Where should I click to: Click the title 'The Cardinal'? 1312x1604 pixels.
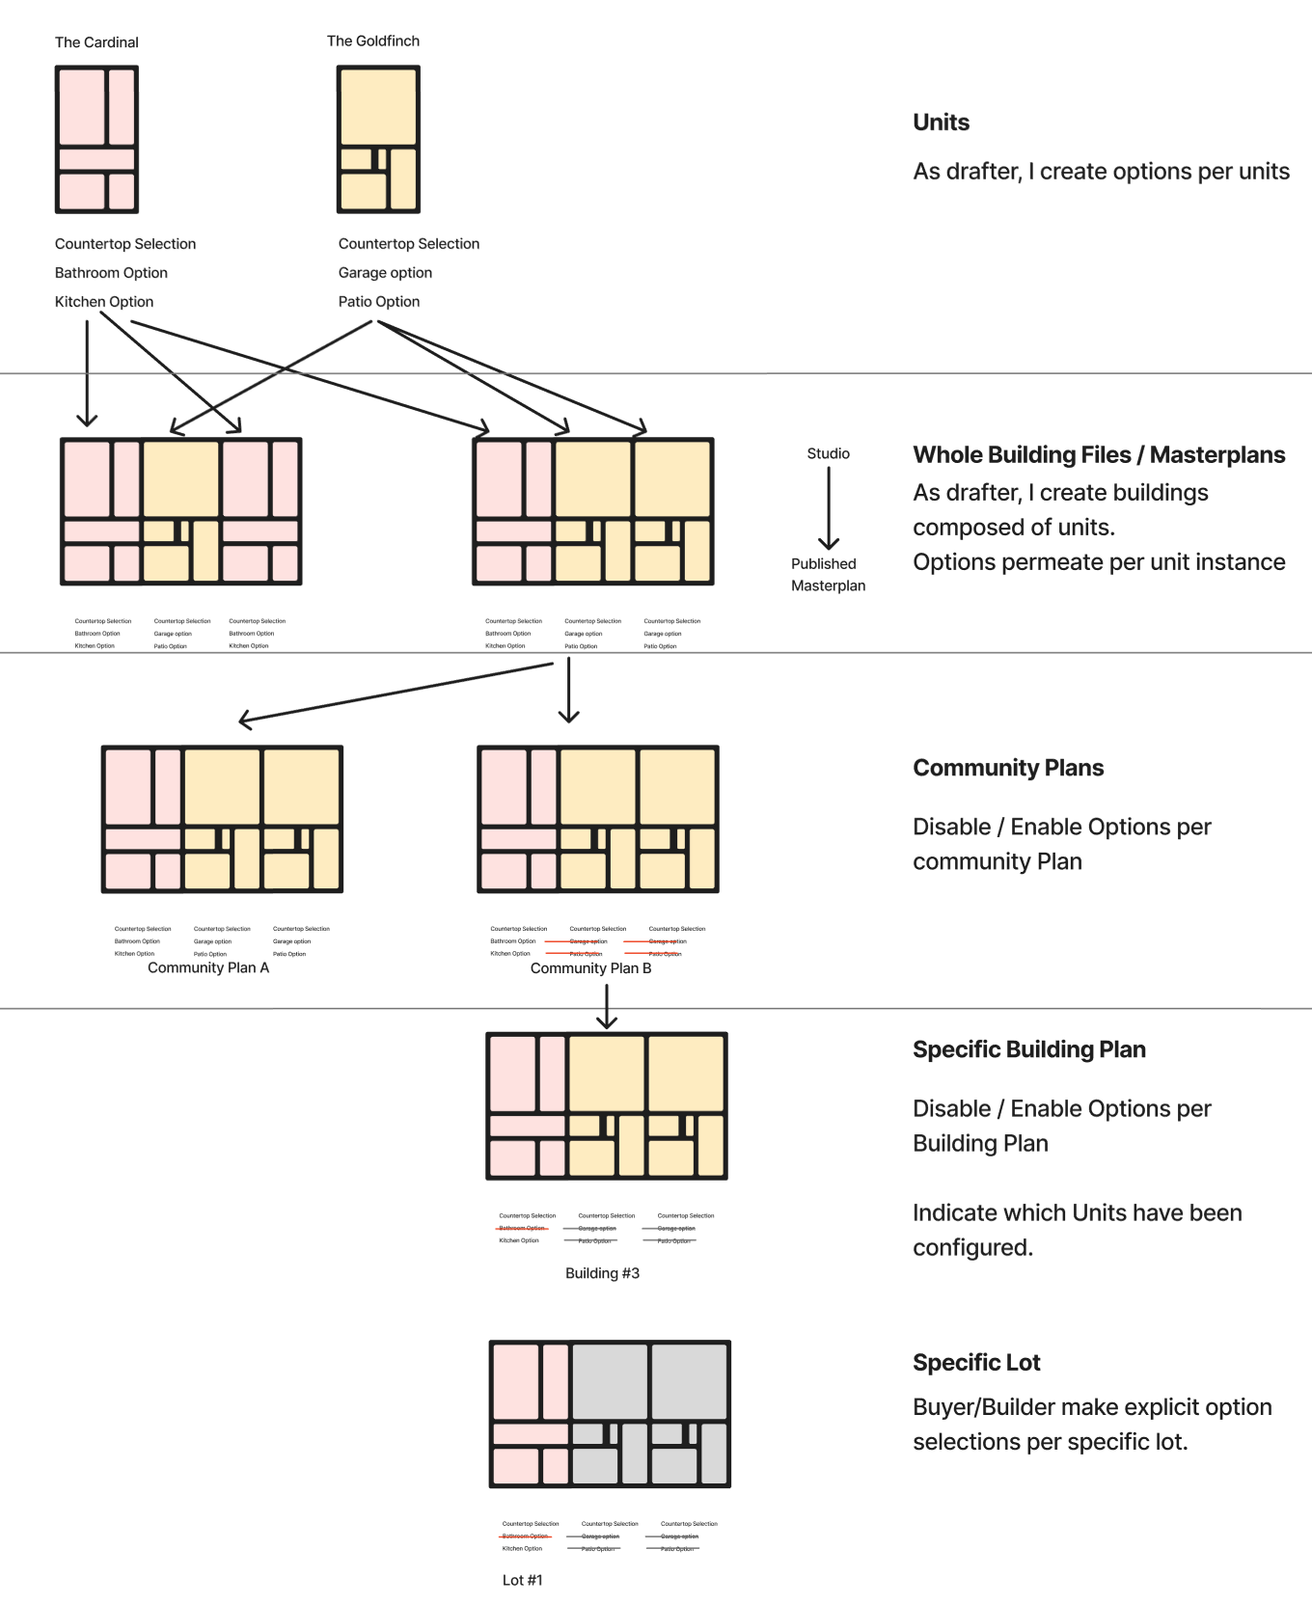click(x=96, y=42)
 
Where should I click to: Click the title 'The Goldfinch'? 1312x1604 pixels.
click(x=373, y=41)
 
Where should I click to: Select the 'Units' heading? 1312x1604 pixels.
click(x=941, y=122)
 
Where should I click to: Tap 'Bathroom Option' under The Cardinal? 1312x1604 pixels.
click(x=111, y=273)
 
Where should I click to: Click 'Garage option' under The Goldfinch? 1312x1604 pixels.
click(x=385, y=273)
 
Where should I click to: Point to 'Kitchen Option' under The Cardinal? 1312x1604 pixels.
click(x=104, y=302)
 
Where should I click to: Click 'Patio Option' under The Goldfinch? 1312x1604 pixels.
click(x=379, y=302)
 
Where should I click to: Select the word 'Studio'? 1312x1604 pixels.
click(x=828, y=453)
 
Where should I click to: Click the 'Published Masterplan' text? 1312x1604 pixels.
click(x=828, y=575)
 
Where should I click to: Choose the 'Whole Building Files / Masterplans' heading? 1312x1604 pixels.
click(x=1099, y=455)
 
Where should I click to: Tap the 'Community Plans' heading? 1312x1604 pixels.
click(x=1008, y=768)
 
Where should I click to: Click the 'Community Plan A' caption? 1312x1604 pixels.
click(x=208, y=967)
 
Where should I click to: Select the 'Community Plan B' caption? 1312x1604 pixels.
click(x=590, y=968)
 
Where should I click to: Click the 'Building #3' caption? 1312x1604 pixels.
click(x=602, y=1273)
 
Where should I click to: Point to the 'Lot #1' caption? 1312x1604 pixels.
click(x=522, y=1580)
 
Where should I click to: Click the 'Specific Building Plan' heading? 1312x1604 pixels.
click(x=1028, y=1049)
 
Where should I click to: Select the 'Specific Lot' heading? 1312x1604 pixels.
click(x=976, y=1363)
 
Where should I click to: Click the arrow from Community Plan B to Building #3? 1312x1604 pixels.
click(x=606, y=1007)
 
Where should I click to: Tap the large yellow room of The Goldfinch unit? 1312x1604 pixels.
click(x=378, y=107)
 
